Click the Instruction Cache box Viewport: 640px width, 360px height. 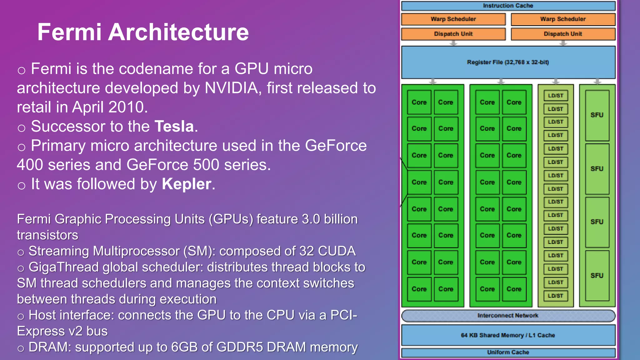[508, 6]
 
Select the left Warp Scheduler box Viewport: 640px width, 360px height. [453, 19]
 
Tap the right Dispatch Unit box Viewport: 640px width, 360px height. [563, 34]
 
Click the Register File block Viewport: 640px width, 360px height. [508, 62]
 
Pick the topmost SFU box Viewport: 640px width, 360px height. [597, 115]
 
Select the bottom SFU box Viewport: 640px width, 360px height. [597, 276]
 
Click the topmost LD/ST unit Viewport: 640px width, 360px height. [556, 96]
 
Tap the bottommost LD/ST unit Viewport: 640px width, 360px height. [556, 296]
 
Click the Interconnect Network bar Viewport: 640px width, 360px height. [508, 316]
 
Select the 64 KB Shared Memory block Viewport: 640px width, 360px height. [508, 335]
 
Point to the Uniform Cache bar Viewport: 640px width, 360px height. [508, 352]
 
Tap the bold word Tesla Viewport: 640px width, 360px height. [174, 127]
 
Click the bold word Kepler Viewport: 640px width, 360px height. [187, 184]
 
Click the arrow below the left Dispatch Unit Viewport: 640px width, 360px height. [453, 43]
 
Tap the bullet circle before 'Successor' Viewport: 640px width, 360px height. [21, 128]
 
